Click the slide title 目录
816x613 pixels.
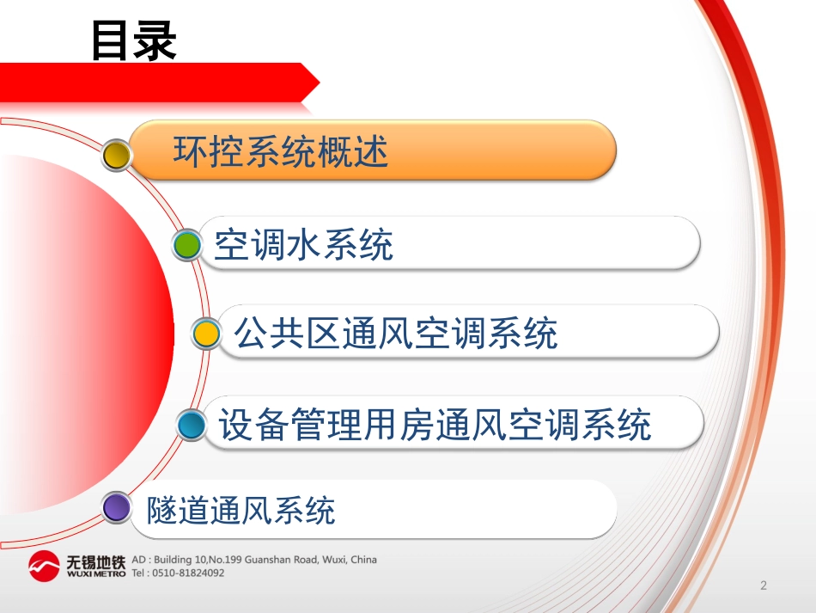(x=134, y=40)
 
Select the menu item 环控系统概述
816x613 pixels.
(x=281, y=151)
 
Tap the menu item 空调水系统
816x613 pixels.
(x=303, y=244)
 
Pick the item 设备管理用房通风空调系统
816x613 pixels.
(x=435, y=425)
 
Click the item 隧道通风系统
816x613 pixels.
(x=241, y=510)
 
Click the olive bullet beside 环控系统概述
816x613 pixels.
(x=116, y=155)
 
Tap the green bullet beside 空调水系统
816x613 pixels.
(x=186, y=246)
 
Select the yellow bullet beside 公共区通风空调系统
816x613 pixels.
(x=205, y=334)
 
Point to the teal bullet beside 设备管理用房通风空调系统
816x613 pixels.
(x=191, y=425)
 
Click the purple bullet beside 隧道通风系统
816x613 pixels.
(x=116, y=507)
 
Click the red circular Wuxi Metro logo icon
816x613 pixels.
(x=45, y=566)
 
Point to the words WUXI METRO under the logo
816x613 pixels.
(x=95, y=573)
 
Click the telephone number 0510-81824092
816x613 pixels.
(x=187, y=573)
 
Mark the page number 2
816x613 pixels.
(x=763, y=586)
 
